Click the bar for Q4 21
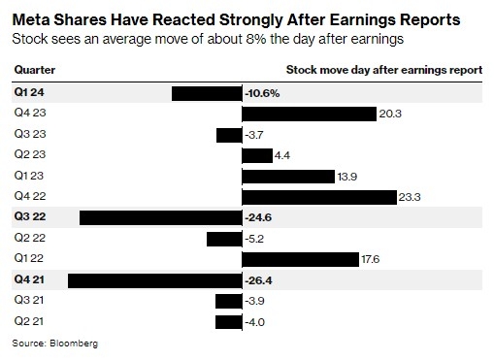(x=153, y=280)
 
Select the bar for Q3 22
(x=159, y=217)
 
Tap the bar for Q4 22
(x=318, y=197)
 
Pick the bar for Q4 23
(x=308, y=114)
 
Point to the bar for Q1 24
(x=206, y=93)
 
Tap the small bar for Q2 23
(x=256, y=155)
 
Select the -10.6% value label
(x=263, y=93)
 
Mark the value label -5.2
(x=255, y=239)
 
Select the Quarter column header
(x=34, y=71)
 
